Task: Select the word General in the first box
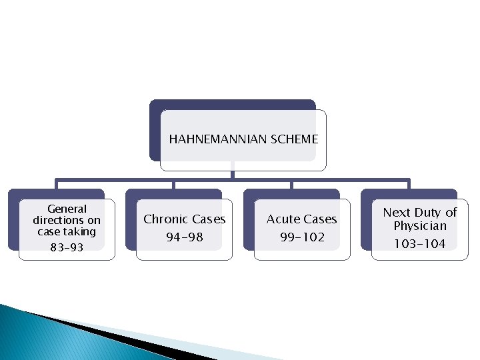pyautogui.click(x=67, y=209)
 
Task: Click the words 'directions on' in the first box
pyautogui.click(x=67, y=220)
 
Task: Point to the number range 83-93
pyautogui.click(x=67, y=247)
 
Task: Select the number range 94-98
pyautogui.click(x=185, y=237)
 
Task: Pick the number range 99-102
pyautogui.click(x=302, y=237)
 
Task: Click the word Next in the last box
pyautogui.click(x=397, y=212)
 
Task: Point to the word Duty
pyautogui.click(x=427, y=212)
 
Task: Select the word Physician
pyautogui.click(x=420, y=226)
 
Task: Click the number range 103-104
pyautogui.click(x=420, y=244)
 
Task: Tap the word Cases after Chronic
pyautogui.click(x=208, y=219)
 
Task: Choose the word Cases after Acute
pyautogui.click(x=321, y=219)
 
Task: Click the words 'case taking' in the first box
pyautogui.click(x=67, y=232)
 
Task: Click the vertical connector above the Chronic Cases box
pyautogui.click(x=173, y=185)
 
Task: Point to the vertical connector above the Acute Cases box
pyautogui.click(x=291, y=185)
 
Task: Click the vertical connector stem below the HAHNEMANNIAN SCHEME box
pyautogui.click(x=232, y=172)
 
